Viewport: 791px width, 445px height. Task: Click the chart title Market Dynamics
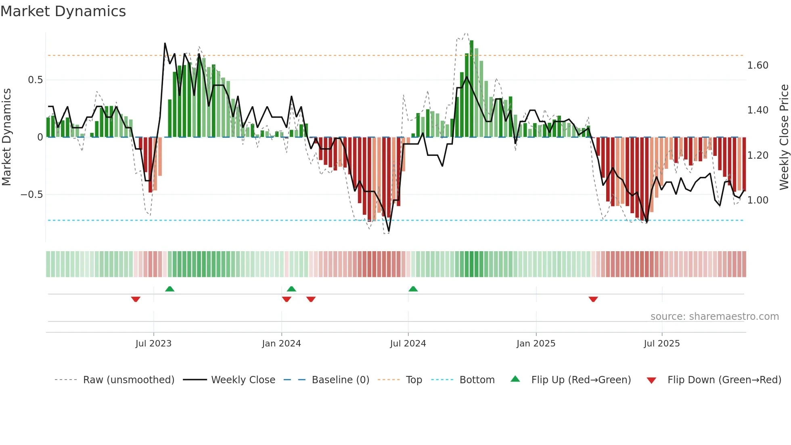pos(63,11)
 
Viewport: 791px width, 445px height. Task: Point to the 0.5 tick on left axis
pos(35,80)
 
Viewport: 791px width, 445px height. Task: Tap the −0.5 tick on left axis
pos(31,195)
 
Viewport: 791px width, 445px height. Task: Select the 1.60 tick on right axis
pos(758,65)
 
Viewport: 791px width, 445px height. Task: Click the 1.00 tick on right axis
pos(758,200)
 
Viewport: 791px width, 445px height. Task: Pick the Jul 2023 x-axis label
pos(153,344)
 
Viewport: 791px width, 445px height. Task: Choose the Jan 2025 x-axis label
pos(536,344)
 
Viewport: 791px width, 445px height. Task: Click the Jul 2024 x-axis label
pos(408,344)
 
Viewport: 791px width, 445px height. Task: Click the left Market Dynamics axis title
pos(6,137)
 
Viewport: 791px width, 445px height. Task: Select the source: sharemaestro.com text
pos(714,317)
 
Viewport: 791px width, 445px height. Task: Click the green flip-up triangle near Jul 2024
pos(413,289)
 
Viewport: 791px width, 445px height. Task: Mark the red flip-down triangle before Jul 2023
pos(136,299)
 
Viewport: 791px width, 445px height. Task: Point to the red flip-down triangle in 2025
pos(593,299)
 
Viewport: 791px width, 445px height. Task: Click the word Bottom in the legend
pos(477,380)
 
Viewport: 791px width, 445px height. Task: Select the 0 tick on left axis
pos(40,137)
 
